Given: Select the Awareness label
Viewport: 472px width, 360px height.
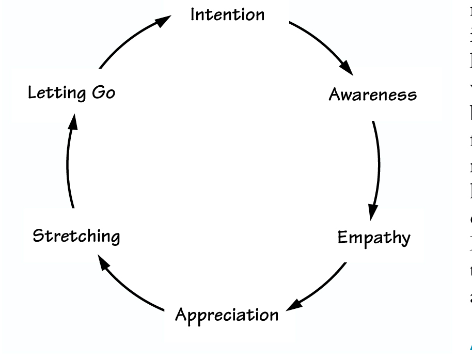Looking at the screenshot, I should (x=373, y=95).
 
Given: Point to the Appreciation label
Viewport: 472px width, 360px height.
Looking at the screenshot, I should (x=227, y=314).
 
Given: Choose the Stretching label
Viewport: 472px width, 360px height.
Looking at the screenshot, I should (x=76, y=237).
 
